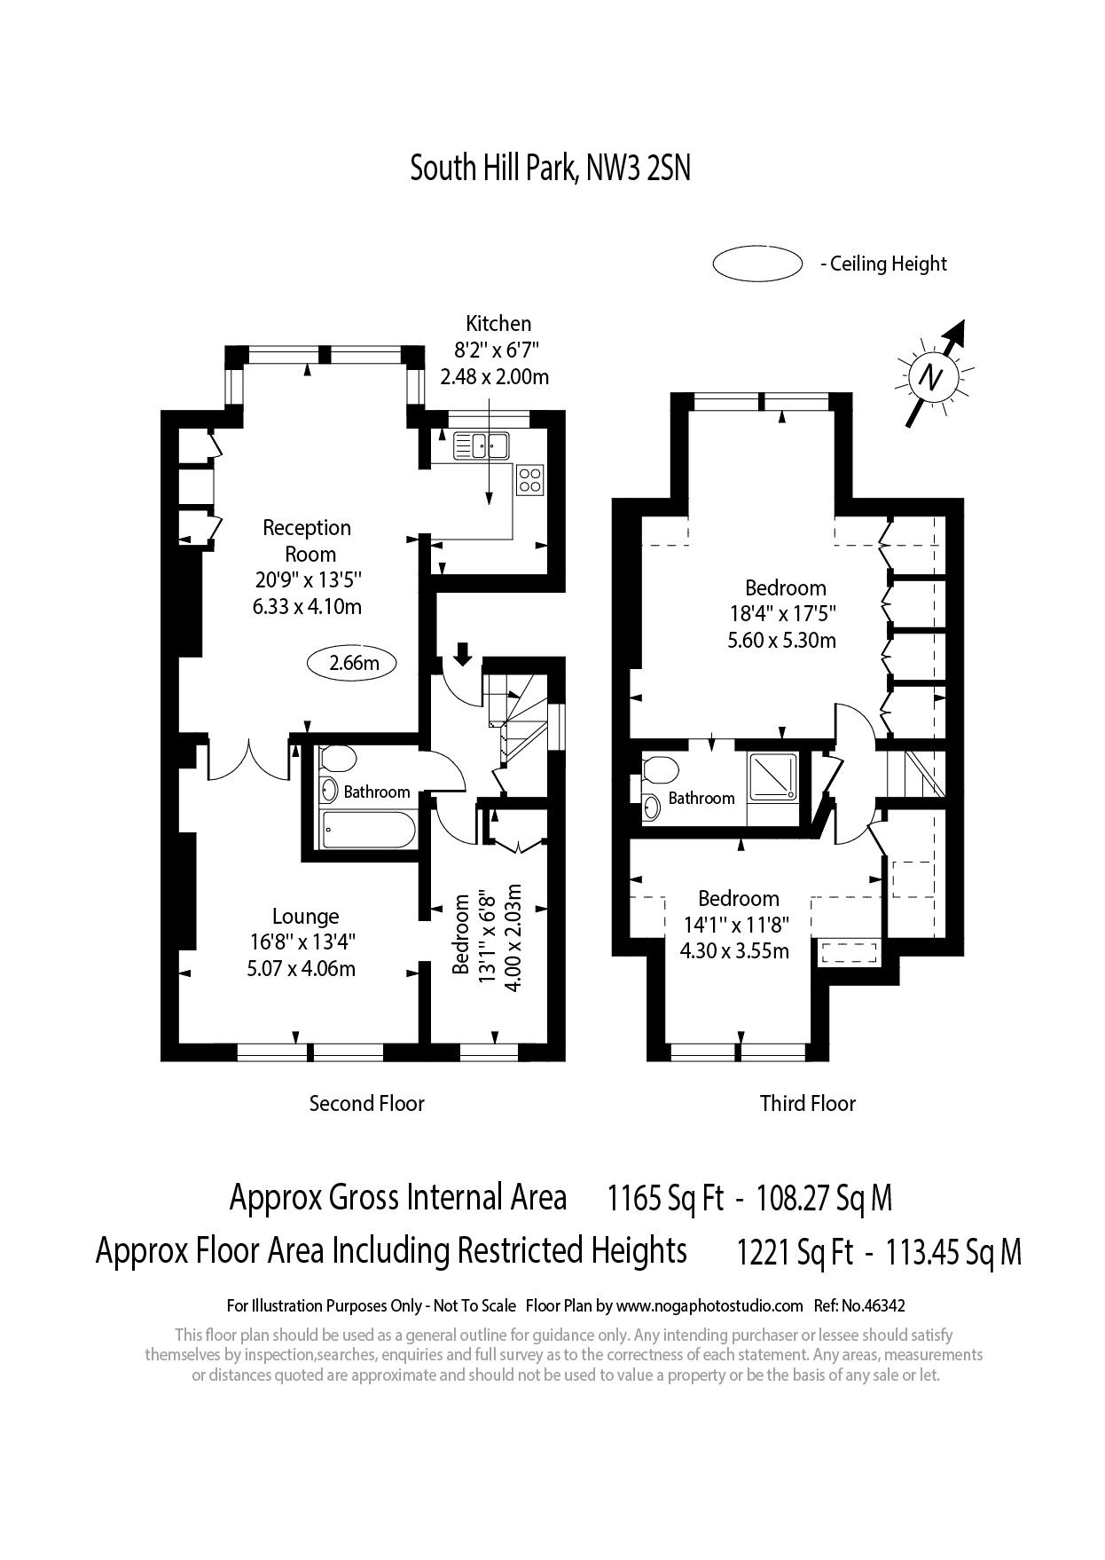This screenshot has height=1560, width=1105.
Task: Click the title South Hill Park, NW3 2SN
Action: coord(550,168)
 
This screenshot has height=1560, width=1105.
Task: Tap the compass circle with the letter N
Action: coord(929,378)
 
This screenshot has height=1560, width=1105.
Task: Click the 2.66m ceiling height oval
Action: coord(353,662)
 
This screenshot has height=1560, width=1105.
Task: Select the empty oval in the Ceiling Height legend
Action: coord(756,264)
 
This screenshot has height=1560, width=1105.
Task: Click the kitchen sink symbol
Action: coord(480,445)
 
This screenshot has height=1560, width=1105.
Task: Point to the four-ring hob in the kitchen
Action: coord(530,480)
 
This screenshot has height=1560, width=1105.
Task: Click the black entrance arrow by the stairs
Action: coord(462,655)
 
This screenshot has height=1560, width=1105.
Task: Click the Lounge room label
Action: coord(305,917)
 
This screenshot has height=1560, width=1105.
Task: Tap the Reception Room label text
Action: coord(307,540)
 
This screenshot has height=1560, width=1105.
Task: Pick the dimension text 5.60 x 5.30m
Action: coord(781,640)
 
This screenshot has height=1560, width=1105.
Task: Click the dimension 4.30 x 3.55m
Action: coord(734,951)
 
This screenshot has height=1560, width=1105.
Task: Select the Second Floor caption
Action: coord(366,1103)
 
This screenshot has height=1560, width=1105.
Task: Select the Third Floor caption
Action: coord(807,1103)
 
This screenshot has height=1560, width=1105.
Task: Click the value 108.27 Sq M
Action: coord(823,1199)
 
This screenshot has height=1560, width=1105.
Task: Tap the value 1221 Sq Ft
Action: coord(795,1253)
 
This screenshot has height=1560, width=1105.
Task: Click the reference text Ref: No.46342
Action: coord(860,1305)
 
